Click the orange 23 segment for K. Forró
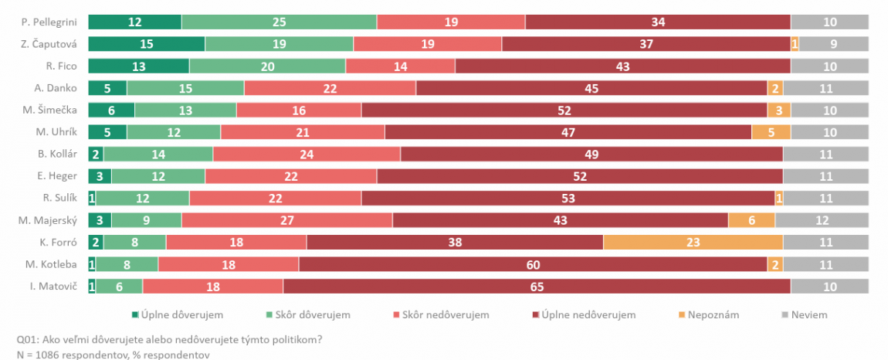coord(693,243)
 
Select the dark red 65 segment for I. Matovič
coord(537,287)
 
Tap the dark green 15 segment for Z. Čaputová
coord(147,44)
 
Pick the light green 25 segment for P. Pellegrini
coord(279,22)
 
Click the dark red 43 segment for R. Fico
coord(622,66)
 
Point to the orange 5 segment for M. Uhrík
coord(771,132)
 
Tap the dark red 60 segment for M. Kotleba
coord(533,265)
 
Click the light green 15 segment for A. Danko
coord(185,88)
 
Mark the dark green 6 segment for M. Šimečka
coord(111,110)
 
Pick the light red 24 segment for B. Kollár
coord(307,155)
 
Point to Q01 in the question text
coord(25,339)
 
